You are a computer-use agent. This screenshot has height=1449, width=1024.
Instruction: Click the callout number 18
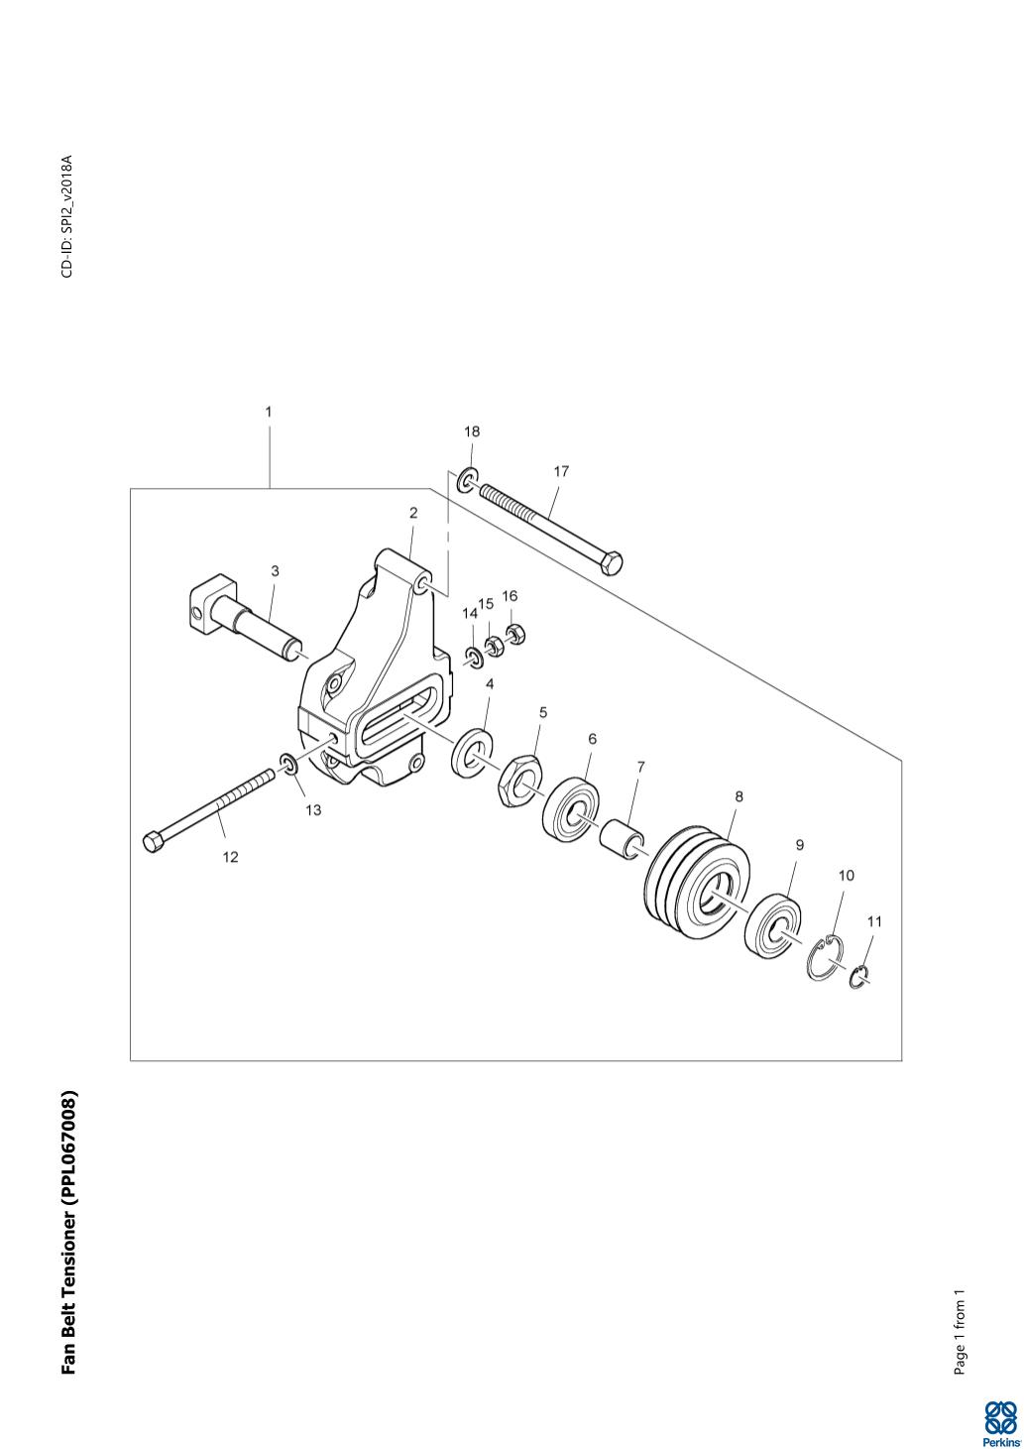click(472, 431)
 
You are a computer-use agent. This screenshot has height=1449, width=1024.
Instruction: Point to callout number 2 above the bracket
click(413, 513)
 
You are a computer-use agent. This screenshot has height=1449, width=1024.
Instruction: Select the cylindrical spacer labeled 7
click(624, 841)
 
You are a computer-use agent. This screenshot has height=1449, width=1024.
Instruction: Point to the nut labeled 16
click(515, 634)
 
